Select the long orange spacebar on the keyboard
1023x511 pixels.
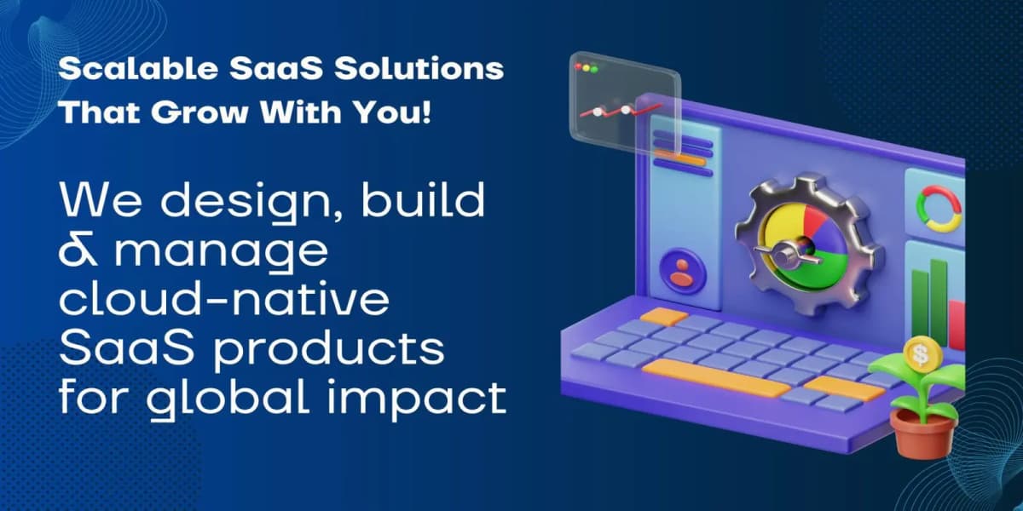point(716,378)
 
